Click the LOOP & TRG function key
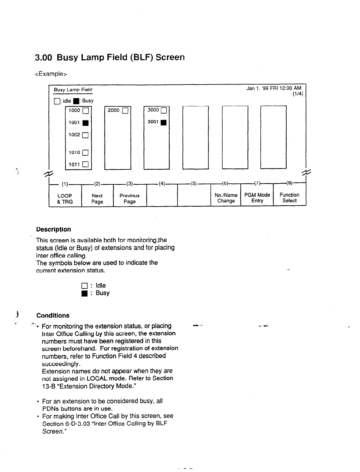click(65, 198)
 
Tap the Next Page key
click(97, 198)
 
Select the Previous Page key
click(130, 198)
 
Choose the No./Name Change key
click(226, 198)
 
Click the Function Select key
click(289, 198)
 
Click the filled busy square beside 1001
click(86, 123)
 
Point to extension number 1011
click(74, 164)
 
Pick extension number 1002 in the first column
click(74, 135)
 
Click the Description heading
click(53, 229)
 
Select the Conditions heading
click(53, 315)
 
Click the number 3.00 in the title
click(43, 57)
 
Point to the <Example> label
click(51, 74)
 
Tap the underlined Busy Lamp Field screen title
click(73, 90)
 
